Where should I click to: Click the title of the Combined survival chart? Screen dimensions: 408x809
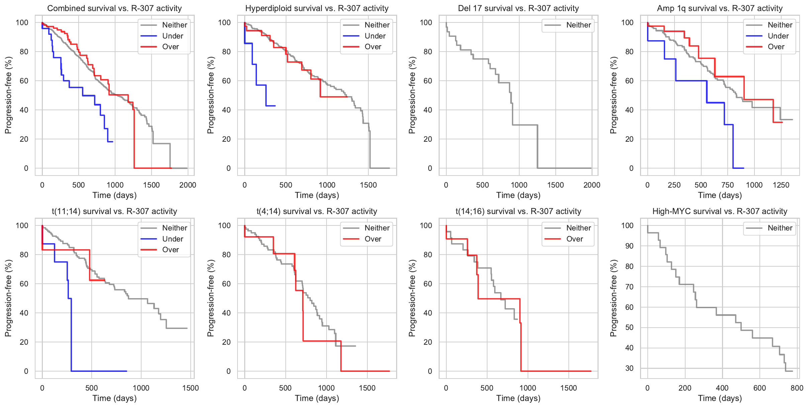coord(114,8)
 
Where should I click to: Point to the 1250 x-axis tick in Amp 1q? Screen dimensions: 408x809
coord(781,185)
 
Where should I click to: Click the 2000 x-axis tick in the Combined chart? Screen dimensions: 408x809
coord(188,185)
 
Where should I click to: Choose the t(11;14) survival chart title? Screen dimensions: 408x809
coord(114,211)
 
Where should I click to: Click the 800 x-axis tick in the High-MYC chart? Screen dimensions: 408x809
coord(797,388)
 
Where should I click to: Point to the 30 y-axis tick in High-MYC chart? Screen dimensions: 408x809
coord(629,368)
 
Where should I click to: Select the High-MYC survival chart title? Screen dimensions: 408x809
coord(720,211)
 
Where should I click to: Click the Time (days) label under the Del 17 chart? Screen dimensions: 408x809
coord(518,195)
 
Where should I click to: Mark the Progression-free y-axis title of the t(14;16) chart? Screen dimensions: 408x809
coord(412,298)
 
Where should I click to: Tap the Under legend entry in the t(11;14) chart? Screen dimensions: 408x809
coord(172,239)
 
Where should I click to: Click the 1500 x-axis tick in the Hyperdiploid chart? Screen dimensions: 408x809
coord(368,185)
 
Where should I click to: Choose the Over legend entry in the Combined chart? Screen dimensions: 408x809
coord(170,47)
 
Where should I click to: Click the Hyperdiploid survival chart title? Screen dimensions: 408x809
coord(317,8)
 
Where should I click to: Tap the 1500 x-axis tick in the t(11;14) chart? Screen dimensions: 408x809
coord(190,388)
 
